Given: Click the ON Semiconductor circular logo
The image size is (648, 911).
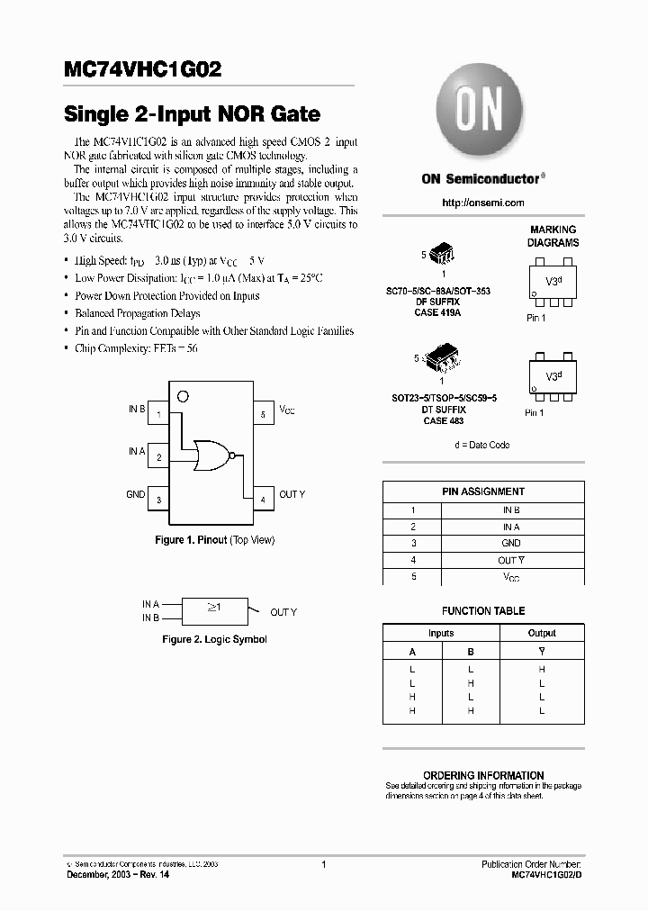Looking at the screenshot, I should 482,114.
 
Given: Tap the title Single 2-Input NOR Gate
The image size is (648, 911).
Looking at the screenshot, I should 192,114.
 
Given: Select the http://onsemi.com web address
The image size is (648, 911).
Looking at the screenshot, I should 483,203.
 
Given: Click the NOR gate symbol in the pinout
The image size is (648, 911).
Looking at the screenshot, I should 213,455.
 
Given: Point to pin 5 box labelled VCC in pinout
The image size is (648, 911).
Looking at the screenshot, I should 263,413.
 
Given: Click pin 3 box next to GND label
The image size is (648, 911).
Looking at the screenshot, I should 158,498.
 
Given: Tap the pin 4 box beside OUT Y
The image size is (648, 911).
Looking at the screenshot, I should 263,498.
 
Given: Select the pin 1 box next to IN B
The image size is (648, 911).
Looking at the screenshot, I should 158,413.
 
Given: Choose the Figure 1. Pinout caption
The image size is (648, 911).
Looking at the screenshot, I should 214,540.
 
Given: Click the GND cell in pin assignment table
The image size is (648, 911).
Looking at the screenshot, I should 511,543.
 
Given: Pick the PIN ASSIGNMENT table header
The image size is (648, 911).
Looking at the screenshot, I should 483,492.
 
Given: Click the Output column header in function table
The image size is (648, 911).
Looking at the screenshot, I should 542,633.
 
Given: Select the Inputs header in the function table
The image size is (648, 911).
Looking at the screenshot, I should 441,633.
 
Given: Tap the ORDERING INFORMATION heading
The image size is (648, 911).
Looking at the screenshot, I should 483,775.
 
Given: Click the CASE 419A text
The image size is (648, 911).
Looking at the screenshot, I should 438,312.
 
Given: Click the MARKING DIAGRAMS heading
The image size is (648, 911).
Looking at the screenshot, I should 553,237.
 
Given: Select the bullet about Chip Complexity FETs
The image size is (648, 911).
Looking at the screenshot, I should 135,348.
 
